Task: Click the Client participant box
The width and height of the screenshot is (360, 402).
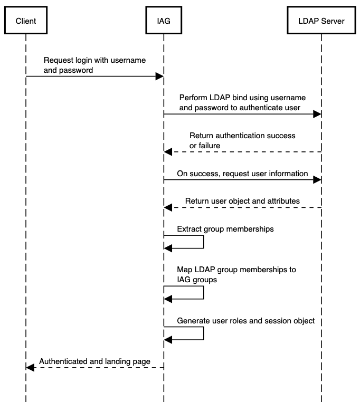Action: point(25,21)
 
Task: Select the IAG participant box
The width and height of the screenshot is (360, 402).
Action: point(164,21)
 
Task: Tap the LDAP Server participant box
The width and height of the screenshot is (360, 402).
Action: point(320,21)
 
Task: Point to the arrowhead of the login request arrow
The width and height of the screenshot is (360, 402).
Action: point(159,76)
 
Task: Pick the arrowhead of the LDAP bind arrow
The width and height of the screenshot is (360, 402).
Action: point(317,114)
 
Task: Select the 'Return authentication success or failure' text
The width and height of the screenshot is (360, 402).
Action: point(242,140)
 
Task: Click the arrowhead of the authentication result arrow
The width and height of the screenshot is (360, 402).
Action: point(168,152)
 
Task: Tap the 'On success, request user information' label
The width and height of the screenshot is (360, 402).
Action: point(242,173)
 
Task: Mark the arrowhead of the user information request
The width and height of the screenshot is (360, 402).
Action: point(317,180)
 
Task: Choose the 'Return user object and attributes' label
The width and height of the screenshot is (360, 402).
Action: point(242,200)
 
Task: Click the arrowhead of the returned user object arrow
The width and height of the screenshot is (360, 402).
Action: point(168,207)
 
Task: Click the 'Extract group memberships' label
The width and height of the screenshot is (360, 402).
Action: point(225,229)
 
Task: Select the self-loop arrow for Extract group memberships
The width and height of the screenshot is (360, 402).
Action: point(203,242)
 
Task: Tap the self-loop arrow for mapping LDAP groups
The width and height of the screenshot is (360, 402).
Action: point(203,293)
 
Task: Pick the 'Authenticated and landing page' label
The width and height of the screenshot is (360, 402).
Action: point(95,361)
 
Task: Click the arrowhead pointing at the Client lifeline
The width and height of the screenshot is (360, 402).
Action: point(30,368)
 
